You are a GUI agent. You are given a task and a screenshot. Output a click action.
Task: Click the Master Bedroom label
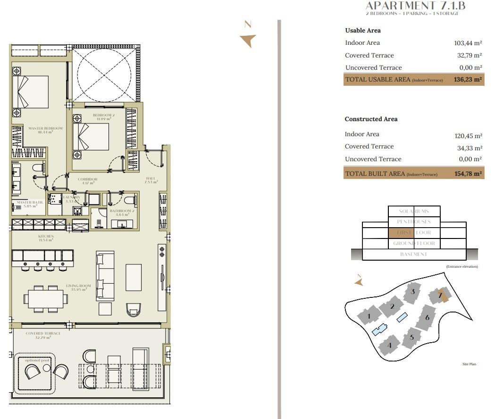45,130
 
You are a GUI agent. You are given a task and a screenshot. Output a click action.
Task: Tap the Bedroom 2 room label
103,116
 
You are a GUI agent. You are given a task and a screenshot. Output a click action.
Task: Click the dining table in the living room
46,298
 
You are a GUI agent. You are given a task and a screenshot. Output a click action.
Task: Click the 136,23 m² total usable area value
468,80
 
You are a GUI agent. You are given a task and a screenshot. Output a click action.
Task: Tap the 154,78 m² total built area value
468,173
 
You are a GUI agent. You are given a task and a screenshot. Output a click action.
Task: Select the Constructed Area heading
371,119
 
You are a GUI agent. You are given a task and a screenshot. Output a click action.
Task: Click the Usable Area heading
362,31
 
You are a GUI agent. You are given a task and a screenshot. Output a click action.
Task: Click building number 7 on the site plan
440,296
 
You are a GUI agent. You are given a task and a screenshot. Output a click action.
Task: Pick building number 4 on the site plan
389,345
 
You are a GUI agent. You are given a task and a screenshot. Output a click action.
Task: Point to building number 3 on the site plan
413,292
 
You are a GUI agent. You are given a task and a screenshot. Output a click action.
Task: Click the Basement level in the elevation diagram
414,254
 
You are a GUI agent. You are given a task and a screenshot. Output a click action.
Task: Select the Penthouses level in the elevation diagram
414,222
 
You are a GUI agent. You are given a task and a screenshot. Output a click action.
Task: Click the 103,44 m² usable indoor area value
468,43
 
